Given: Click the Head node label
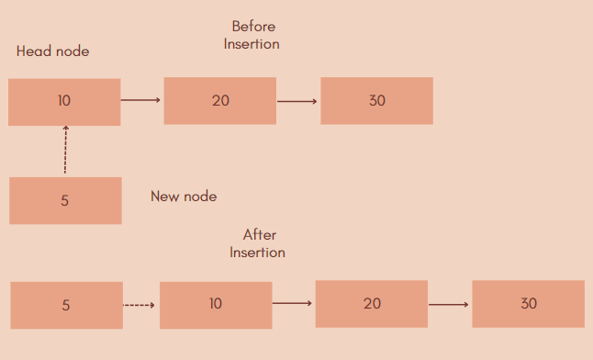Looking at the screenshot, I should [x=53, y=51].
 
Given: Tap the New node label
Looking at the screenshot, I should [x=184, y=197].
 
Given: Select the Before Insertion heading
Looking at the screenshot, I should [x=252, y=35].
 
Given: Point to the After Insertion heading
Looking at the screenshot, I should [x=258, y=243].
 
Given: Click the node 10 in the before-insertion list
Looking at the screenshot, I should [x=64, y=101].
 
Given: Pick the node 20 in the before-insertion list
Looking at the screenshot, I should [x=220, y=101].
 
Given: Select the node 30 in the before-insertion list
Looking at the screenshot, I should [x=376, y=101].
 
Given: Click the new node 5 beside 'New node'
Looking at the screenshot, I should [x=65, y=200].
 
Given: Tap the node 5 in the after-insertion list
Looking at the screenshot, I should [x=66, y=305].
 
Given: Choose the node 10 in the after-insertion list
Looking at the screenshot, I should [x=216, y=305].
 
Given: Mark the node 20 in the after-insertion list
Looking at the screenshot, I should [x=372, y=304].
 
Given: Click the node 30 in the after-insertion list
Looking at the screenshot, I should [x=528, y=304].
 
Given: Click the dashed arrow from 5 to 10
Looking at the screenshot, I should [x=140, y=305].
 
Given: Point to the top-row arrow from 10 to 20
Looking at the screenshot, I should [x=141, y=101].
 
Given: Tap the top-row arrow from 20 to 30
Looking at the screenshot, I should [x=297, y=101].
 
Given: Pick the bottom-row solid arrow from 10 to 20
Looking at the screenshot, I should [x=293, y=304].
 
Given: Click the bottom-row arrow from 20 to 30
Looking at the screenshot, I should [x=450, y=304].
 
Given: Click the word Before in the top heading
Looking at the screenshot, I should [x=253, y=27].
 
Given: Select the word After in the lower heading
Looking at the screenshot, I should [x=260, y=235].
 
